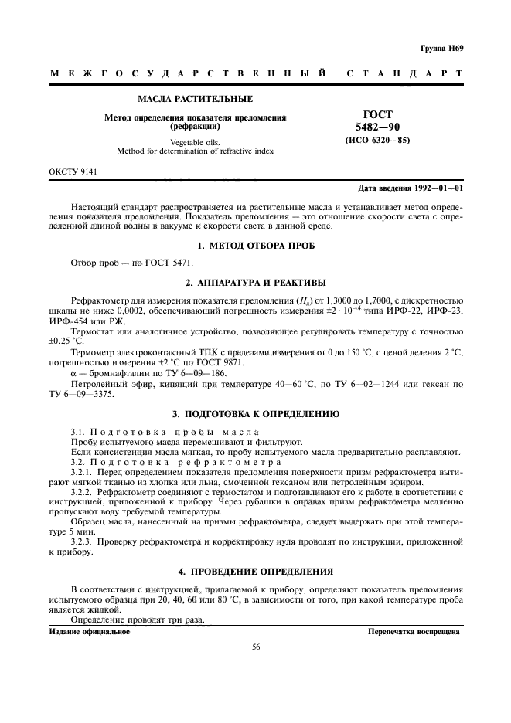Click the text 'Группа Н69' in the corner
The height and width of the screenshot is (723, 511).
pos(441,47)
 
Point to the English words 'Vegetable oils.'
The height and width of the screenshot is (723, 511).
pos(195,142)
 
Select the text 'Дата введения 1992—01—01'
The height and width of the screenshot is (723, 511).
pos(411,188)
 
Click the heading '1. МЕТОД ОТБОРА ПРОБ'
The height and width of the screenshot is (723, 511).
pos(255,246)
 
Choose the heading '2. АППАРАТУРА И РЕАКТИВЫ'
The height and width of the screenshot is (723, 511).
pos(255,282)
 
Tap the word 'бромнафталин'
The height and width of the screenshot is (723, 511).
pos(114,372)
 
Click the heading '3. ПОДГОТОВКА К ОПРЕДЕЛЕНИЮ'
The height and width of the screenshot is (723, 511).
pos(255,414)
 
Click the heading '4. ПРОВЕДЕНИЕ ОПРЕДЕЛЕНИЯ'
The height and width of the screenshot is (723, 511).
pos(255,572)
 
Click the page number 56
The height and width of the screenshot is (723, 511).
pos(255,648)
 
